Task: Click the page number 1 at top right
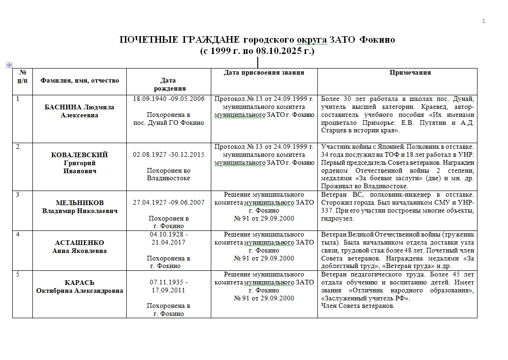tap(483, 21)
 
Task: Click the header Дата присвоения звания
tap(264, 73)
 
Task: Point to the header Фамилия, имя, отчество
tap(80, 80)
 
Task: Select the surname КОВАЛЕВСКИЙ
tap(80, 155)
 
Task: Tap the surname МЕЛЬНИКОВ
tap(80, 203)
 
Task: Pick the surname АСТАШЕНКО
tap(80, 243)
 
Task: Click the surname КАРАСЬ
tap(80, 283)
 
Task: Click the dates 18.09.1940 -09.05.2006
tap(169, 99)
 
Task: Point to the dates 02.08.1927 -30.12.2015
tap(169, 155)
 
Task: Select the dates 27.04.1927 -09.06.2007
tap(169, 203)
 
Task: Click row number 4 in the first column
tap(18, 235)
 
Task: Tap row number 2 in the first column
tap(18, 147)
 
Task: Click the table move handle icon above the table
tap(8, 64)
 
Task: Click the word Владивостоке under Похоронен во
tap(169, 178)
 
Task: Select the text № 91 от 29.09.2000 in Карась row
tap(264, 298)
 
